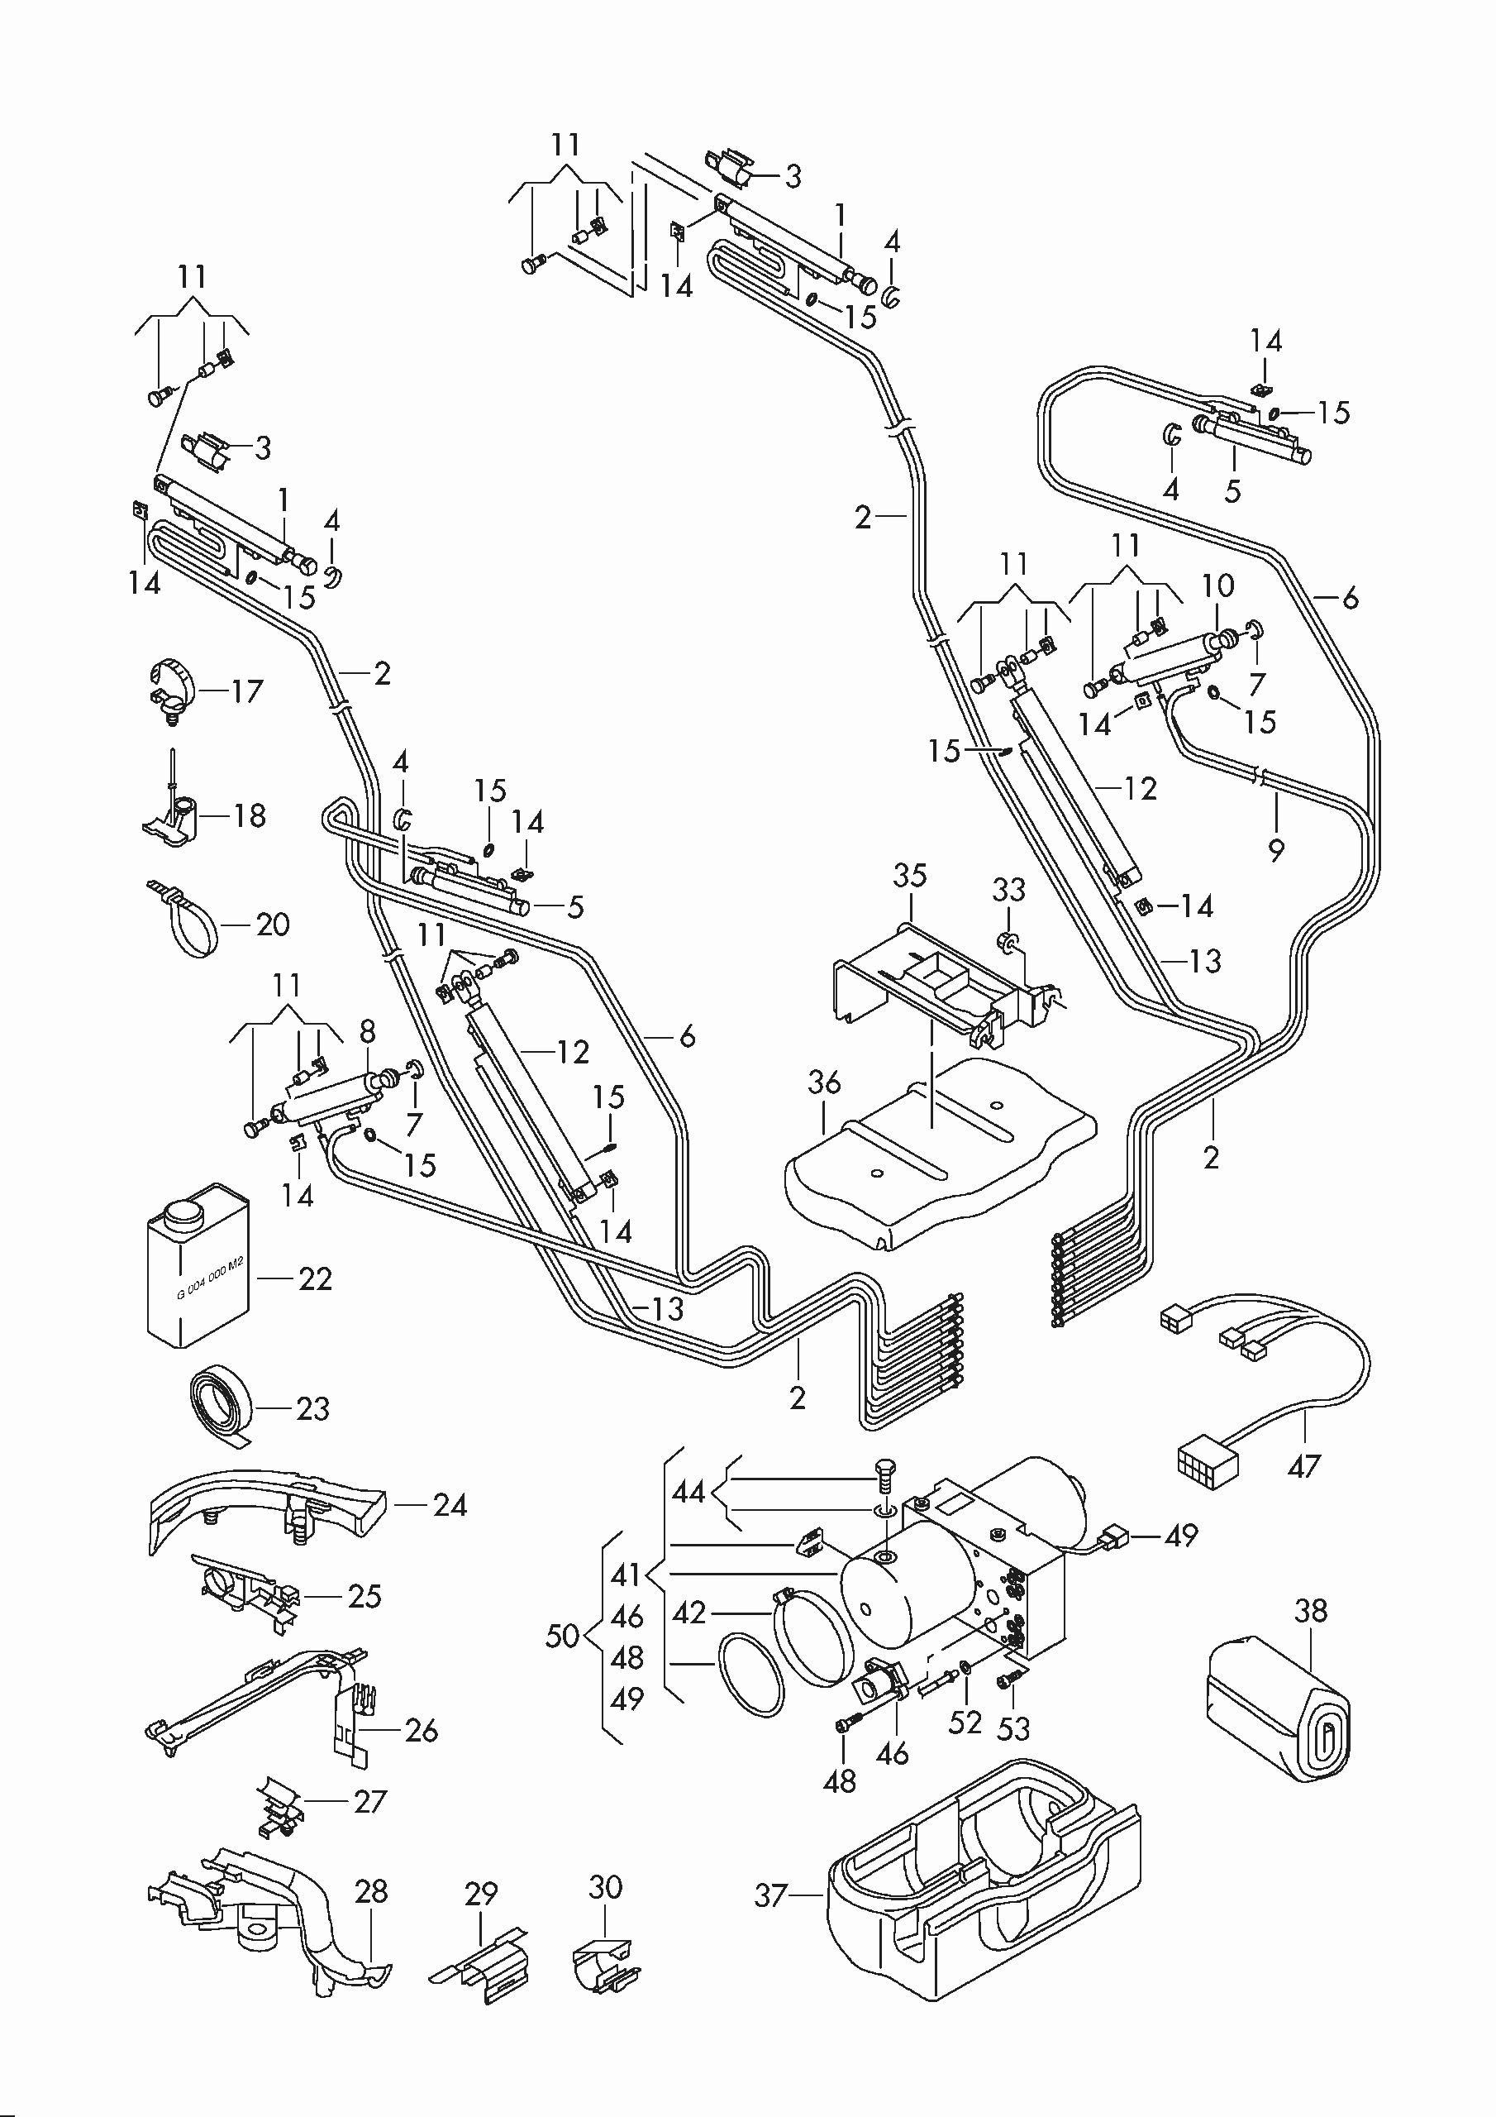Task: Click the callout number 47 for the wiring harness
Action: tap(1303, 1465)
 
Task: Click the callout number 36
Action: tap(824, 1082)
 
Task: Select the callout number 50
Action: tap(562, 1636)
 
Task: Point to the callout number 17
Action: tap(246, 691)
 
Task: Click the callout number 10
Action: tap(1217, 585)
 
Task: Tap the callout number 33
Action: tap(1008, 890)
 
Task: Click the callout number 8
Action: tap(367, 1031)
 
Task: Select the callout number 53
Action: tap(1013, 1729)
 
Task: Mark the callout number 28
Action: tap(371, 1891)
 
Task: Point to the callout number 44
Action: tap(688, 1491)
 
